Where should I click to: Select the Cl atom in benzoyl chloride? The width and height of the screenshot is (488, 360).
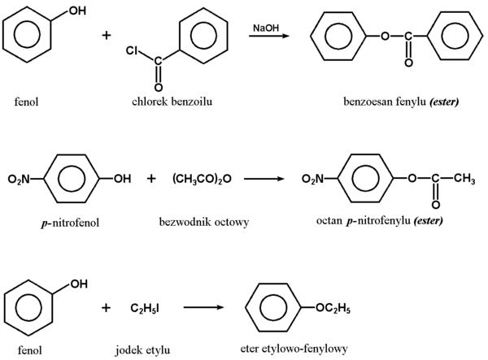pos(132,51)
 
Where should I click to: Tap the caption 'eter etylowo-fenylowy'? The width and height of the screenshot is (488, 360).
pos(300,349)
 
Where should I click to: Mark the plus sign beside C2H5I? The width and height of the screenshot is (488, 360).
pos(107,308)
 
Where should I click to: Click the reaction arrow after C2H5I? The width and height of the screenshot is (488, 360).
pos(203,309)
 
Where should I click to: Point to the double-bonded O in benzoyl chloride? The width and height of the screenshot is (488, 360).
pos(159,86)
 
